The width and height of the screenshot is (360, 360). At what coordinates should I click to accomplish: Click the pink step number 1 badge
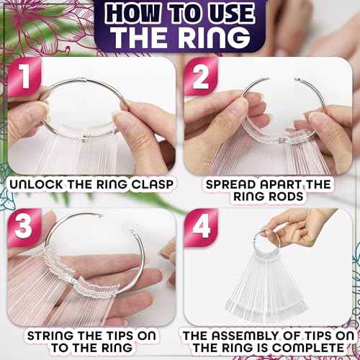[24, 77]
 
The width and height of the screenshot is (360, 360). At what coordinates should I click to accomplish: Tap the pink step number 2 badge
[201, 77]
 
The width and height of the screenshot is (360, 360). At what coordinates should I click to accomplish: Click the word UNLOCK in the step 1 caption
[37, 184]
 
